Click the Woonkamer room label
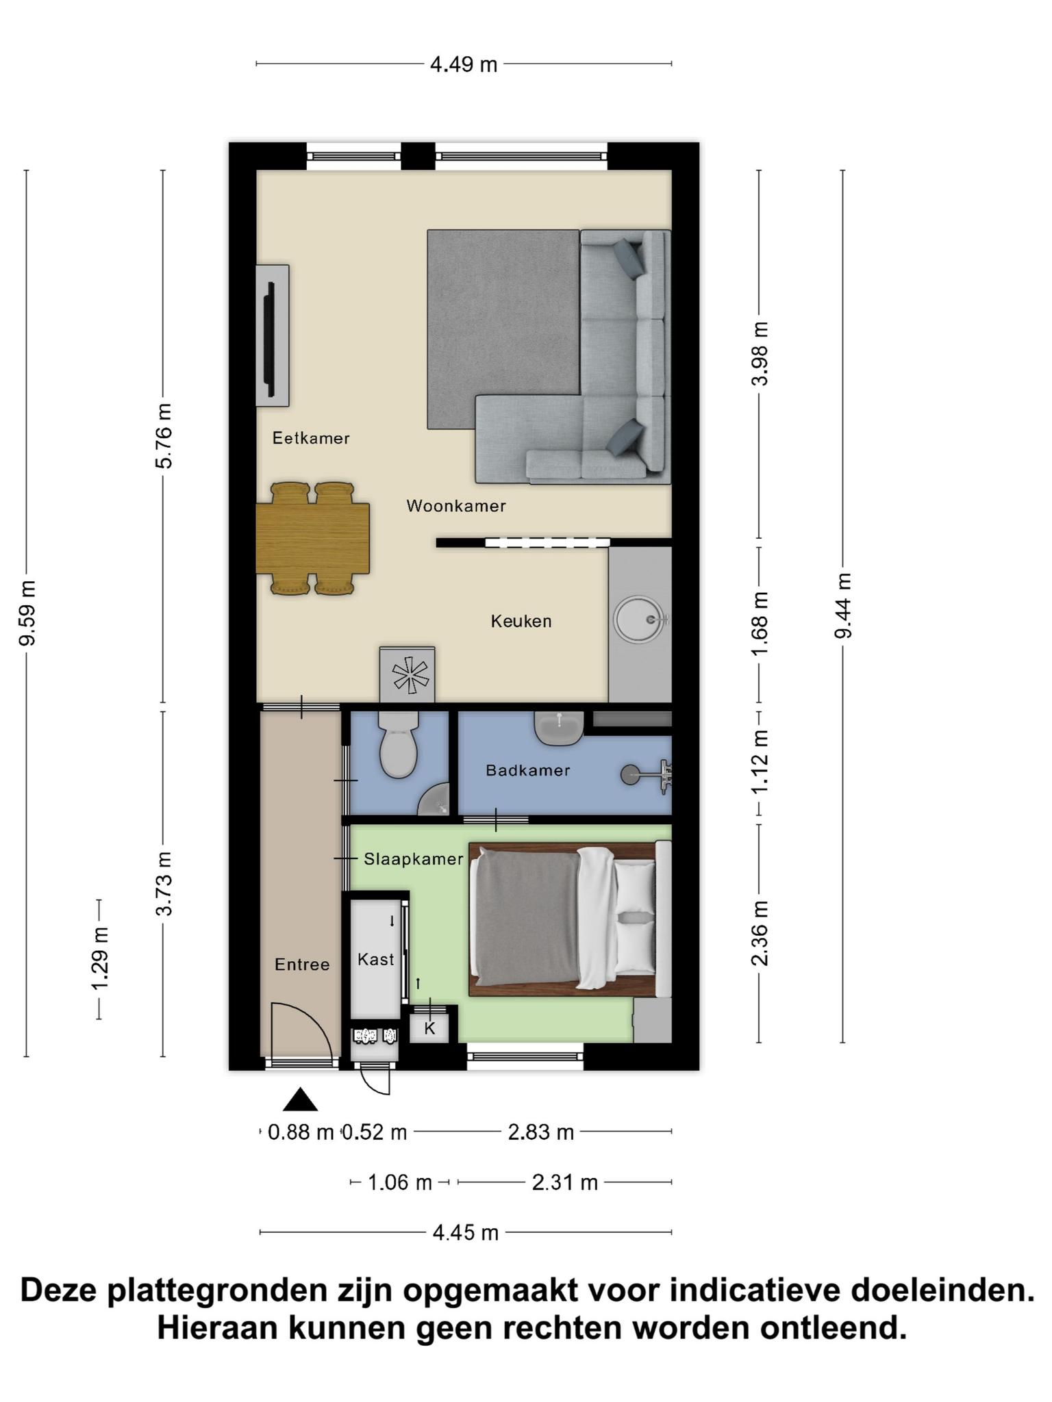pos(456,506)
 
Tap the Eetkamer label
pos(311,438)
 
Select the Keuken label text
pos(521,621)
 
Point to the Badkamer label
pos(528,770)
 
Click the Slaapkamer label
pos(414,858)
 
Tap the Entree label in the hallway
pos(302,965)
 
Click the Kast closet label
pos(376,959)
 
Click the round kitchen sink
pos(639,620)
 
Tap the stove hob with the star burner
pos(408,675)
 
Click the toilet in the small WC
pos(399,744)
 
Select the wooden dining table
pos(313,538)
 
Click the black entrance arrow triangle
pos(301,1100)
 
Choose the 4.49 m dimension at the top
pos(464,64)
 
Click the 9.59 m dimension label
pos(27,613)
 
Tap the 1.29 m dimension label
pos(100,958)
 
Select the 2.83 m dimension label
pos(540,1132)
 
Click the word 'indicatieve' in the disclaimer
pos(754,1290)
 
